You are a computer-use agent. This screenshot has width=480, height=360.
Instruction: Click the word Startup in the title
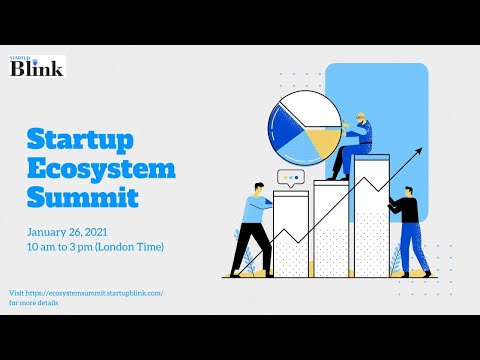(x=82, y=138)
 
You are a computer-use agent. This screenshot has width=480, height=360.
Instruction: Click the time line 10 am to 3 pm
(x=95, y=247)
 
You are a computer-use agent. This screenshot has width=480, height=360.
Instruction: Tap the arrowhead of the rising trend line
(x=419, y=151)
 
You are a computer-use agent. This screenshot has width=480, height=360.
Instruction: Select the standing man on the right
(x=407, y=229)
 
